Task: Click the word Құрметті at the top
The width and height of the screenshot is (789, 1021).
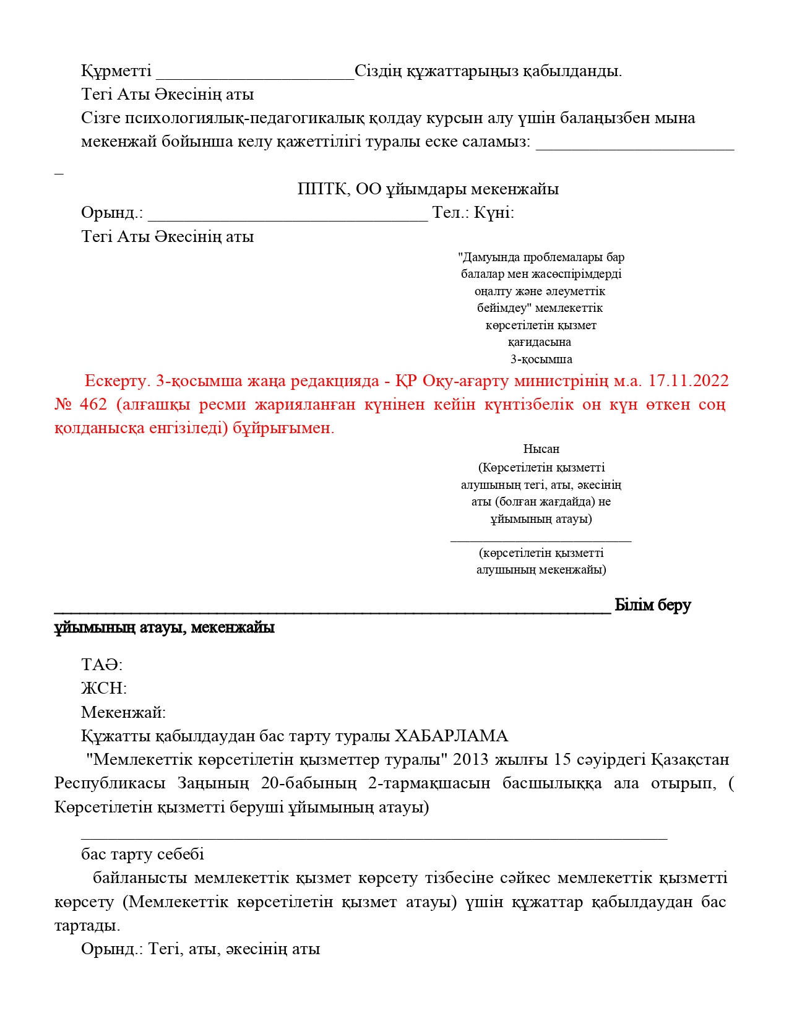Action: [116, 71]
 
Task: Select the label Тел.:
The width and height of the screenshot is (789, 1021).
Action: [451, 213]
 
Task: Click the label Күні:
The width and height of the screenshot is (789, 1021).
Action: [494, 213]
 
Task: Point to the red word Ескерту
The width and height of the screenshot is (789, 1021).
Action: [118, 381]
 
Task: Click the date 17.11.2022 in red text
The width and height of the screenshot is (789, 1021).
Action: [688, 381]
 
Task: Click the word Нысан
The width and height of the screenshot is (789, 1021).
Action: [541, 449]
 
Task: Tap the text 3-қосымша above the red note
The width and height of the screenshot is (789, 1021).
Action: [541, 360]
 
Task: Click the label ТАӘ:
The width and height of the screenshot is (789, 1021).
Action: [101, 665]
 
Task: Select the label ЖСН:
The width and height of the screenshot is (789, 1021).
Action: [103, 689]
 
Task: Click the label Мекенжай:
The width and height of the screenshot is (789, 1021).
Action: [123, 713]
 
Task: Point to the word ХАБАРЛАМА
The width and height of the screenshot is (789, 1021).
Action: [451, 736]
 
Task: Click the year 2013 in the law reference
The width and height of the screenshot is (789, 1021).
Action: [470, 760]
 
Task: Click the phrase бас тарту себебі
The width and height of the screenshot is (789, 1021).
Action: [142, 855]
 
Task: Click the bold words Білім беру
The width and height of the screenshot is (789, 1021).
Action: [652, 605]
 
